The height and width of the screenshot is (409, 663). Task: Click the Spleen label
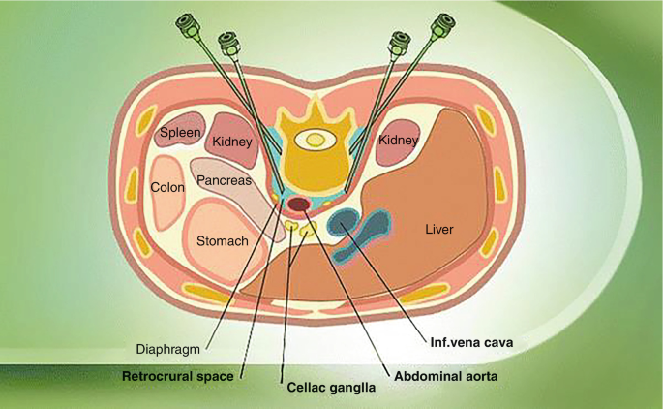tap(179, 132)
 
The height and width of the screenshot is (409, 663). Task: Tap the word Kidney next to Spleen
tap(232, 142)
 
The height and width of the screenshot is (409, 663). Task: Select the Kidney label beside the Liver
tap(398, 141)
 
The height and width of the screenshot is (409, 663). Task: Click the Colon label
tap(167, 187)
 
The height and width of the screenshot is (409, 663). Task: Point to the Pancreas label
tap(224, 180)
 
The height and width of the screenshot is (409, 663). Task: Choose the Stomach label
tap(223, 240)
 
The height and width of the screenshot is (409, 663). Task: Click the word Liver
tap(439, 230)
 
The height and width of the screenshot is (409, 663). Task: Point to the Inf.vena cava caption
tap(470, 342)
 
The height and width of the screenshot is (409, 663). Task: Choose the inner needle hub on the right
tap(398, 44)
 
